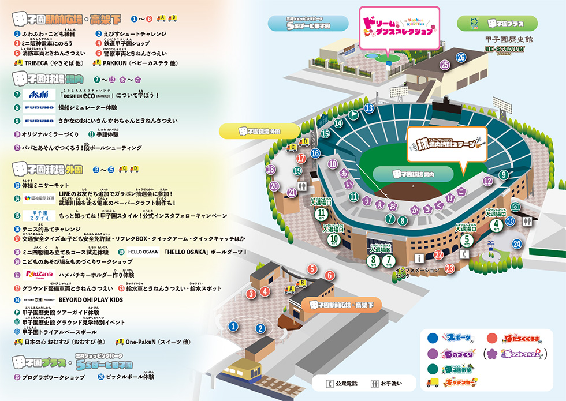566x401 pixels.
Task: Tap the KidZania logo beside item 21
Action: tap(38, 275)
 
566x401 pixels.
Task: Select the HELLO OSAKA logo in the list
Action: tap(143, 252)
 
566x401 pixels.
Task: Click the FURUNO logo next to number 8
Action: tap(39, 107)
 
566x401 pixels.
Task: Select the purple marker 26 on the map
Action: tap(460, 57)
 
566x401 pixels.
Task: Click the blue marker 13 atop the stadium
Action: tap(369, 108)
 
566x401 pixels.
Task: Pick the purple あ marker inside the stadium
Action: tap(345, 173)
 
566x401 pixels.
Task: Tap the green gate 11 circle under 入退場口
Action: tap(321, 215)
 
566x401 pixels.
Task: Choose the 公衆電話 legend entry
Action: tap(342, 383)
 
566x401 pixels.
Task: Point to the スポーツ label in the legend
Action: tap(459, 338)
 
